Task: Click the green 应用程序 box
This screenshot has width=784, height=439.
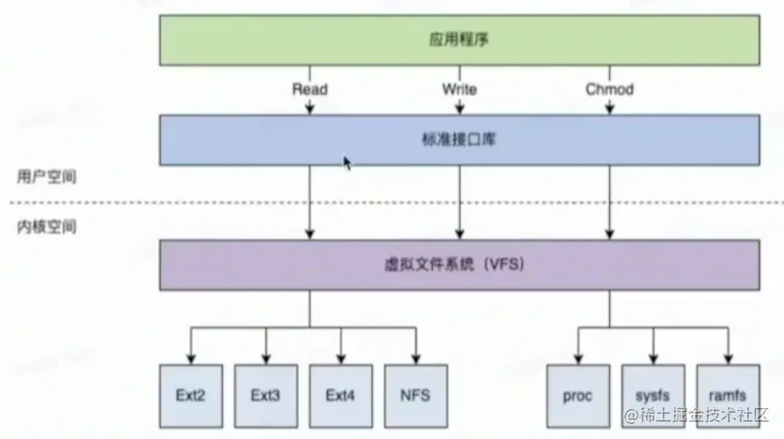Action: click(x=460, y=40)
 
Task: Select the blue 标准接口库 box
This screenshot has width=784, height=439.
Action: click(x=460, y=140)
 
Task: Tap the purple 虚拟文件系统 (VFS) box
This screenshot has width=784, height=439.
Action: click(x=460, y=265)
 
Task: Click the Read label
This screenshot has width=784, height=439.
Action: click(x=310, y=90)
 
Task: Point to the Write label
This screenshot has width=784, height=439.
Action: click(x=460, y=90)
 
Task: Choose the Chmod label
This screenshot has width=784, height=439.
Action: click(x=609, y=90)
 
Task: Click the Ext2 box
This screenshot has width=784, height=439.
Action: click(x=191, y=396)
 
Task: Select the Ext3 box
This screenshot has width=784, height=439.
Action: click(x=266, y=396)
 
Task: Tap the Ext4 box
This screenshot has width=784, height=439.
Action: click(x=341, y=396)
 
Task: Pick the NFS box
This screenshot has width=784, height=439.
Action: click(x=416, y=396)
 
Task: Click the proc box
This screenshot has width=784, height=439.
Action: click(x=578, y=396)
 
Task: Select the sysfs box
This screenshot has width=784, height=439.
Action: click(x=654, y=396)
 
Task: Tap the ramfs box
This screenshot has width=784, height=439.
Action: click(x=729, y=396)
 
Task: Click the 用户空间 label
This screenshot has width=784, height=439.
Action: click(x=46, y=177)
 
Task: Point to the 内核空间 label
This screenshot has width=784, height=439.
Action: click(x=46, y=227)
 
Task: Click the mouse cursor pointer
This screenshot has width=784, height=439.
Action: click(x=347, y=163)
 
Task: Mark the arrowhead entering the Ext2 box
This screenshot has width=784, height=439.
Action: click(x=191, y=359)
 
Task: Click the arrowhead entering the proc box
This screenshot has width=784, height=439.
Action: click(x=578, y=359)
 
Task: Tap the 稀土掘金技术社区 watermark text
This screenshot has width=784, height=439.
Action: click(x=695, y=415)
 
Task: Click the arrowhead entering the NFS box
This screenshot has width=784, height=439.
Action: click(x=416, y=359)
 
